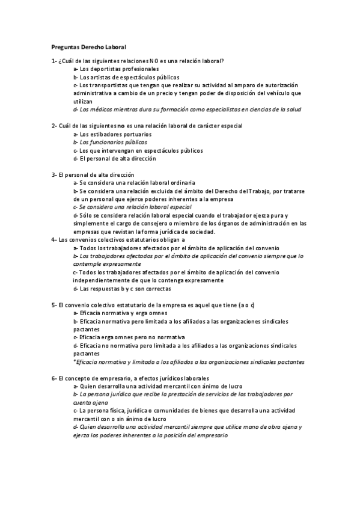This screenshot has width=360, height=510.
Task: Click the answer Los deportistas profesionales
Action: [116, 70]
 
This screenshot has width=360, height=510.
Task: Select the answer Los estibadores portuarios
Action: [112, 134]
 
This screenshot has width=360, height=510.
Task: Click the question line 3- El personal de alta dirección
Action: [93, 174]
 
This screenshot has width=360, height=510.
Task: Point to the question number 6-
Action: [54, 377]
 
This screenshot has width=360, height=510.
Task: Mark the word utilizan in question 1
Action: [84, 102]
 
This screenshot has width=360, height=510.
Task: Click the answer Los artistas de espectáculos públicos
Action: [126, 78]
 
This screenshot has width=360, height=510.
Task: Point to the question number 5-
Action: [54, 305]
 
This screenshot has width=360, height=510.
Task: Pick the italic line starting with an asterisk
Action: [188, 362]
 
